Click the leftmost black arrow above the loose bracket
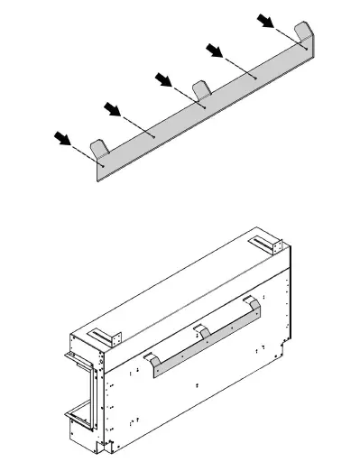pyautogui.click(x=62, y=138)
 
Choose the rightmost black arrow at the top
pyautogui.click(x=266, y=19)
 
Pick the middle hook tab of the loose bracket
pyautogui.click(x=202, y=90)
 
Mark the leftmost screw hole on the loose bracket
pyautogui.click(x=103, y=166)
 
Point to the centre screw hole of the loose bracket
pyautogui.click(x=206, y=107)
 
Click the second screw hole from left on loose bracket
pyautogui.click(x=154, y=136)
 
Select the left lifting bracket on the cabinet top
pyautogui.click(x=108, y=336)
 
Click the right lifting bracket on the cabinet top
pyautogui.click(x=269, y=244)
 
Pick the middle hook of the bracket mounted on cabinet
pyautogui.click(x=205, y=334)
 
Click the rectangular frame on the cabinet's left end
pyautogui.click(x=78, y=389)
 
